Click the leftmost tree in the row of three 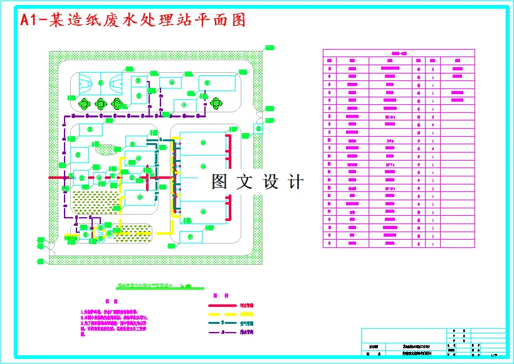[x=83, y=104]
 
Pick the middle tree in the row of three [x=100, y=104]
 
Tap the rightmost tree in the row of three [x=117, y=104]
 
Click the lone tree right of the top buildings [x=216, y=102]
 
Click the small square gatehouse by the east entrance [x=258, y=129]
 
